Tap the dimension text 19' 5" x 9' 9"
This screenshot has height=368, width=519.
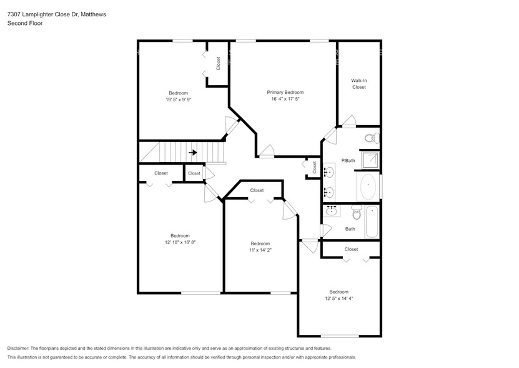point(178,100)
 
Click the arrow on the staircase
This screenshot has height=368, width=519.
point(194,151)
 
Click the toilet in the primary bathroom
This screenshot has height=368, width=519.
point(369,138)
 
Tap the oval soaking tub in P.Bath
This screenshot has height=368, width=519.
point(368,187)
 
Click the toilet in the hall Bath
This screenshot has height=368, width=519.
point(357,213)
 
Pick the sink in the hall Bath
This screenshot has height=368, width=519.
point(332,212)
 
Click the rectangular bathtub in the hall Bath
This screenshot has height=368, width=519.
point(372,222)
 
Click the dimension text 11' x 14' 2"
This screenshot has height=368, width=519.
point(260,250)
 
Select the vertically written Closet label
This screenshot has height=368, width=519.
point(218,64)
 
